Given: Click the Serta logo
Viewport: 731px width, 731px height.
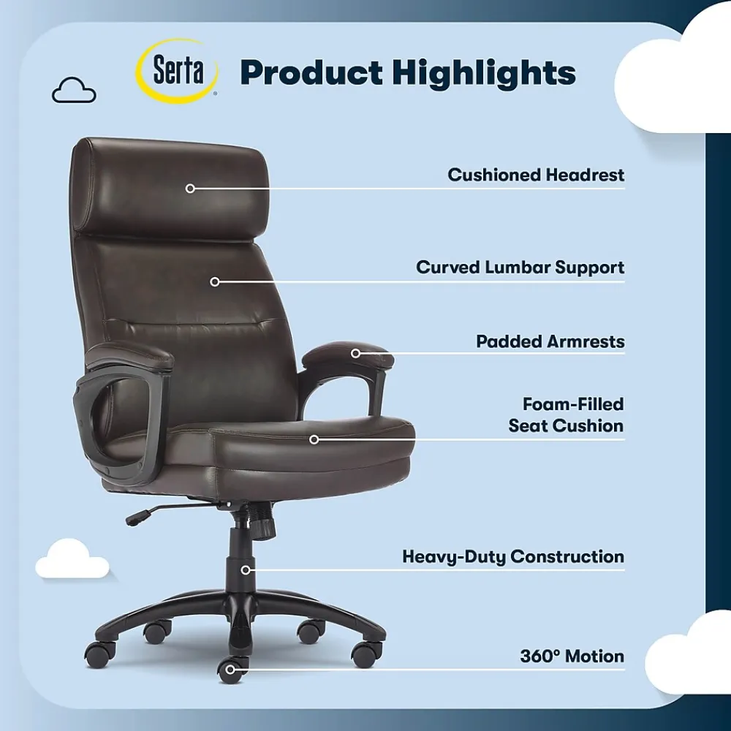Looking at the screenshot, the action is point(177,71).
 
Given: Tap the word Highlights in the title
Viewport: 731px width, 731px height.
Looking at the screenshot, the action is point(484,73).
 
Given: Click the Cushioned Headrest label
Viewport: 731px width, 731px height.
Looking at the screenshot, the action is point(536,175).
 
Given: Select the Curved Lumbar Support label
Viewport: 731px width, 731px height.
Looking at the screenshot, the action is point(520,268).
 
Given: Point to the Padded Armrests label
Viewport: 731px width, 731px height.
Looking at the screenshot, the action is point(550,341).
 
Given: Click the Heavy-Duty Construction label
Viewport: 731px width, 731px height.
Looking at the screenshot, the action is point(513,556).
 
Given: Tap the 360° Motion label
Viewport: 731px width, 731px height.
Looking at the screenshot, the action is point(572,656).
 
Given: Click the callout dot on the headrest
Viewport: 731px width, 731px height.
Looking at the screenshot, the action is point(190,189).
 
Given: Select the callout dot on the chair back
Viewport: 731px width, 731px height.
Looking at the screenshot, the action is point(214,281).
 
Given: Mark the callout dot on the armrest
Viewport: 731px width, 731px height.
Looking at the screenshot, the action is point(355,353).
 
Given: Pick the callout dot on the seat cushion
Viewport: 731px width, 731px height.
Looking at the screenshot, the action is point(314,439).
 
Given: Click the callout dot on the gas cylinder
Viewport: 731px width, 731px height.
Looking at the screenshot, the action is point(246,569).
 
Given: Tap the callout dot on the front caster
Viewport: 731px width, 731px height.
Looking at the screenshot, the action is point(230,670).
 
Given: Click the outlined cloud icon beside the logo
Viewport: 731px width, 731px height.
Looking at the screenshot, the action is point(74,90).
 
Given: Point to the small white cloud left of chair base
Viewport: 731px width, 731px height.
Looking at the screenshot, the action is point(72,558).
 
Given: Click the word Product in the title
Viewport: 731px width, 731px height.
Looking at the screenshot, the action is point(311,73).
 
